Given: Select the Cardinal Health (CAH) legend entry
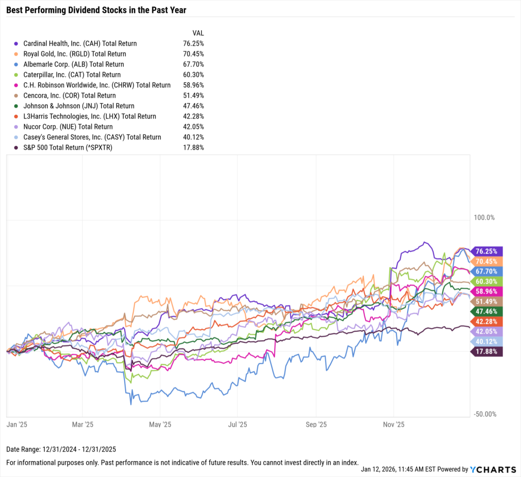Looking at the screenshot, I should coord(80,44).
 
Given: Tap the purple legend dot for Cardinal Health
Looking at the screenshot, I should coord(17,44).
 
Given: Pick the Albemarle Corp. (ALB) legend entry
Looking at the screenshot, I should coord(73,65).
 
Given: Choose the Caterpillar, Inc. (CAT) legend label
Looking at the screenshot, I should coord(72,75).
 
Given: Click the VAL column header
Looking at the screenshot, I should coord(198,33).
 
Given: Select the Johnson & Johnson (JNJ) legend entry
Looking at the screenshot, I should coord(78,106).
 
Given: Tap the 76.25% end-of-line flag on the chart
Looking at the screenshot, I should coord(486,251).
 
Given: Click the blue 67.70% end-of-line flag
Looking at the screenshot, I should coord(486,271).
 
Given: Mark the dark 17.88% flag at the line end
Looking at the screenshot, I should coord(486,352).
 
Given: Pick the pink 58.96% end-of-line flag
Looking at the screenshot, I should coord(486,291).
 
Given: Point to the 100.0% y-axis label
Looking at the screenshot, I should coord(484,218).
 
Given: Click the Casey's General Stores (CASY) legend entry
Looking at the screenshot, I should coord(92,137).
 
